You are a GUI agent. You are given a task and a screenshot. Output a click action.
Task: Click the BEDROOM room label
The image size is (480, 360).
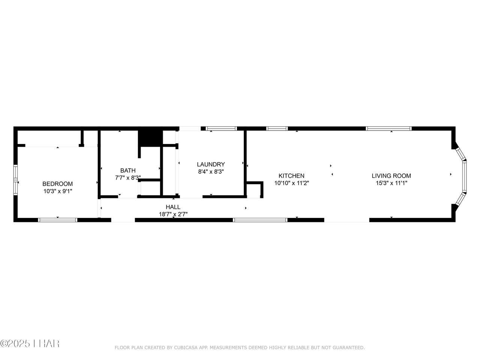(57, 184)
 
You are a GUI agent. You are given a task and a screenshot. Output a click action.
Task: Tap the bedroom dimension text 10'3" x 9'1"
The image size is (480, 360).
(58, 191)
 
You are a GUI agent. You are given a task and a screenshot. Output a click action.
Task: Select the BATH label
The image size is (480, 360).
(128, 170)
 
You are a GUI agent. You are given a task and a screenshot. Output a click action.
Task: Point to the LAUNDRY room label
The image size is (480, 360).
(211, 164)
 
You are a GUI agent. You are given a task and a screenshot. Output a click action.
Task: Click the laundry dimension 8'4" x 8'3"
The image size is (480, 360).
(211, 172)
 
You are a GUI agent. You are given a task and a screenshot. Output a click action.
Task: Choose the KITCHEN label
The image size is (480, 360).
(291, 176)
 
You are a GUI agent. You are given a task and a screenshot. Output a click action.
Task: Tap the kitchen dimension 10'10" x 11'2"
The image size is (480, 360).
(291, 183)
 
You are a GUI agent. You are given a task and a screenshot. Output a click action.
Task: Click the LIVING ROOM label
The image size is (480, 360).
(391, 176)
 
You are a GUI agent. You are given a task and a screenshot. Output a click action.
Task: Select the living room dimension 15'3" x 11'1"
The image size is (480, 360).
(391, 183)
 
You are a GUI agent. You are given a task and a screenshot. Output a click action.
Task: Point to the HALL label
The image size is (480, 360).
(173, 207)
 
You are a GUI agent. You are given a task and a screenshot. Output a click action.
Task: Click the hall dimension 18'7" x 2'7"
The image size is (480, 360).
(173, 214)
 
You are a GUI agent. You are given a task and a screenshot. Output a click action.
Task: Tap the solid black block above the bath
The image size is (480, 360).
(150, 139)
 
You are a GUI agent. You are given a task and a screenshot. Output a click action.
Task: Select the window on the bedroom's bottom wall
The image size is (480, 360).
(58, 220)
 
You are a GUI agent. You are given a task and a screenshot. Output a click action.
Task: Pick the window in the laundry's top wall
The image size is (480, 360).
(221, 129)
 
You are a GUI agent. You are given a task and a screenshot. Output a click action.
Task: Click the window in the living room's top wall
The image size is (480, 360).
(388, 129)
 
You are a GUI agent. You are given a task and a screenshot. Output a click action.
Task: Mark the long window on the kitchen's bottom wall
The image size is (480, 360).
(260, 220)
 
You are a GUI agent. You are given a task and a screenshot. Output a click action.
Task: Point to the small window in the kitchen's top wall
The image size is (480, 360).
(277, 129)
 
